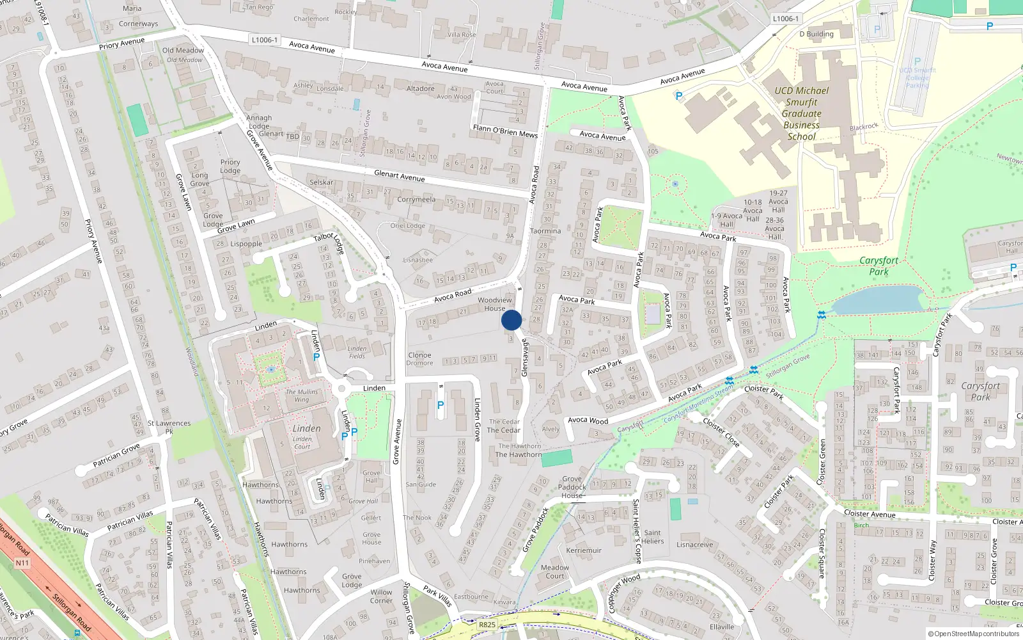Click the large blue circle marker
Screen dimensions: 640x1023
point(511,320)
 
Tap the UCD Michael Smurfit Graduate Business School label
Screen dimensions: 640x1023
point(801,113)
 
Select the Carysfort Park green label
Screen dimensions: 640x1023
point(879,266)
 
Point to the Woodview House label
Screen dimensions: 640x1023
point(495,304)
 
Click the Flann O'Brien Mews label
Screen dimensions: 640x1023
point(505,131)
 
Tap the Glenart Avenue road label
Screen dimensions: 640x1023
point(399,175)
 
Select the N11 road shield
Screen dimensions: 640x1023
point(22,563)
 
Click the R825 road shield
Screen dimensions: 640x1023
point(487,625)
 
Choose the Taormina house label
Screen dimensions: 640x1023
point(545,231)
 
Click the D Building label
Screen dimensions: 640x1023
point(816,34)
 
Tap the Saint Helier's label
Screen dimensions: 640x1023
point(653,537)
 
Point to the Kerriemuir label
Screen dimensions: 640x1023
point(584,550)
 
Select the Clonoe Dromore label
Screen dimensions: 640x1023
point(419,359)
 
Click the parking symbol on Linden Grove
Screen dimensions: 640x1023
point(440,405)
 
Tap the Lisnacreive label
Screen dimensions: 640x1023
point(694,545)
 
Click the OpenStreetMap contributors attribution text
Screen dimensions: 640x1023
point(974,634)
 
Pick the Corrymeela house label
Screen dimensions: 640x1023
point(416,200)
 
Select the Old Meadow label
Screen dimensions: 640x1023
point(183,51)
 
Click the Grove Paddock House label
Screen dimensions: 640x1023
point(572,487)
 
